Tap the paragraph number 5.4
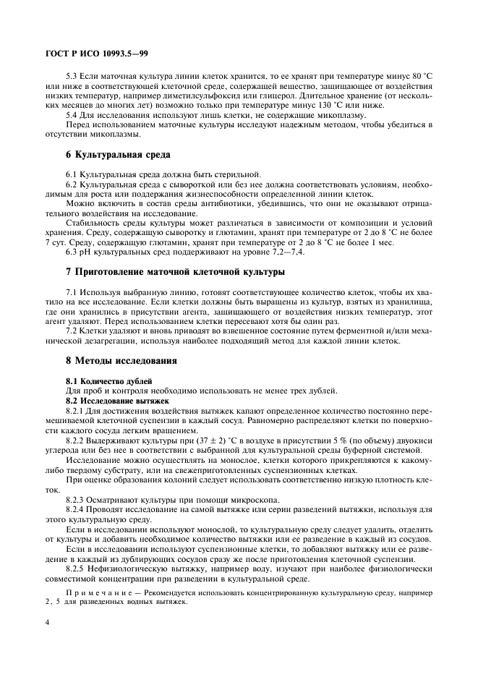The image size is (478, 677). [x=72, y=116]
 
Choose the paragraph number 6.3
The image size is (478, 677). [x=72, y=252]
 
